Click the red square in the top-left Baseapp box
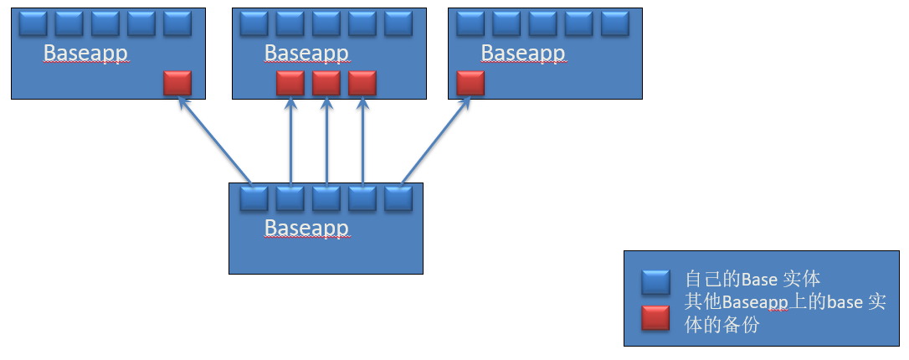(177, 83)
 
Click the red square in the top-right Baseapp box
(471, 83)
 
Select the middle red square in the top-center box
(326, 83)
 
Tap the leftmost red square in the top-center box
(290, 83)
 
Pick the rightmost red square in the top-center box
(362, 83)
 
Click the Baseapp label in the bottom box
(306, 228)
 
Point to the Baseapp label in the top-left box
(85, 54)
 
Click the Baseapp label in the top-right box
(523, 54)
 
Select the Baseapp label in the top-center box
(306, 54)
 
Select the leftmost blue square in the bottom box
(254, 198)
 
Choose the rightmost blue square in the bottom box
(398, 198)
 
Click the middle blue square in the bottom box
(326, 198)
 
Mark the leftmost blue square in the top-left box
(33, 23)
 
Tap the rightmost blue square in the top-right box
(614, 23)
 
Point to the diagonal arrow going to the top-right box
(434, 141)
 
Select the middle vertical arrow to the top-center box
(326, 141)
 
